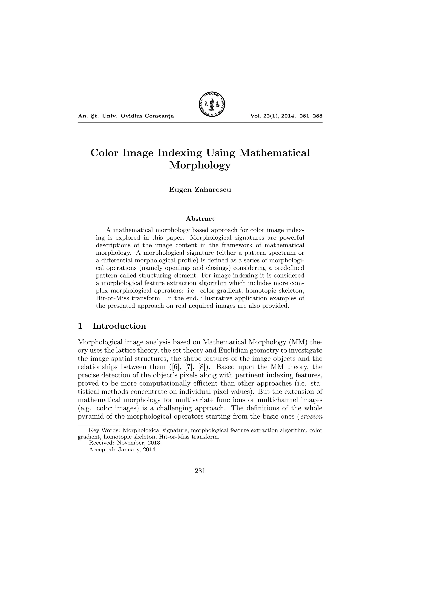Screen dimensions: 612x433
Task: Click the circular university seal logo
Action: click(x=212, y=104)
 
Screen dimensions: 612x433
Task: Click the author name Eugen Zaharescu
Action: click(x=200, y=190)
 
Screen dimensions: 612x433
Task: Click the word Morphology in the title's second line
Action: click(x=200, y=165)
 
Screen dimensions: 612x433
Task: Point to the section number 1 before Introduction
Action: click(x=80, y=326)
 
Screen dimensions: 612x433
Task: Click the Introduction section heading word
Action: click(x=119, y=326)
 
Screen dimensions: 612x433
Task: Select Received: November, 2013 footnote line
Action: click(x=124, y=443)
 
